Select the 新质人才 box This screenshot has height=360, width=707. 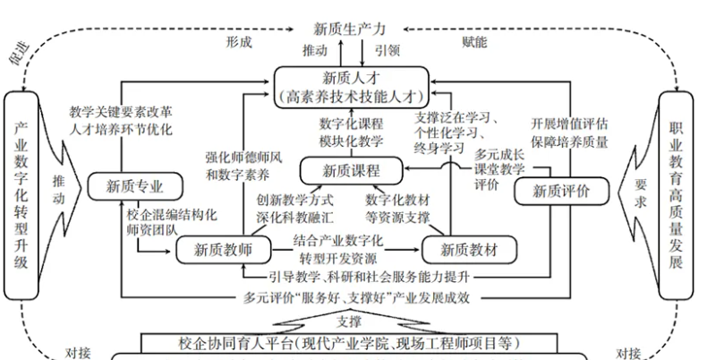click(x=351, y=84)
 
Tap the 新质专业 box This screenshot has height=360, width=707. click(x=135, y=185)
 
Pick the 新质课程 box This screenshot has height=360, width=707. click(x=351, y=169)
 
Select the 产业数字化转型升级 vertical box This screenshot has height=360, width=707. click(x=24, y=193)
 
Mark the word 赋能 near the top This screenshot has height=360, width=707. click(x=474, y=42)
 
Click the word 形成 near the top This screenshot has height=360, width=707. click(x=239, y=42)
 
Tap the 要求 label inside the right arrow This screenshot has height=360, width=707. click(x=638, y=193)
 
